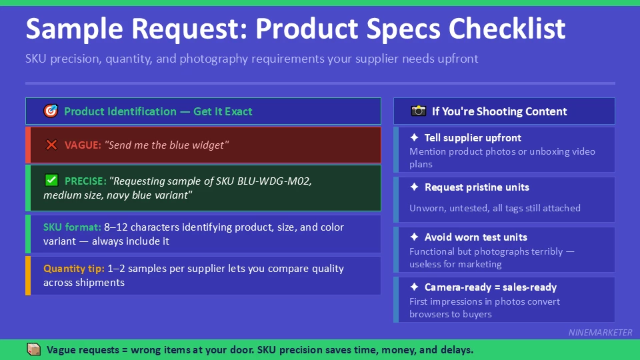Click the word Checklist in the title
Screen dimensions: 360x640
(507, 29)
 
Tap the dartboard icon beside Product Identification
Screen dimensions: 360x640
(51, 111)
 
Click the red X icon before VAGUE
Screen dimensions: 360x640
(51, 145)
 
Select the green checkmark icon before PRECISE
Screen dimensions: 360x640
(51, 181)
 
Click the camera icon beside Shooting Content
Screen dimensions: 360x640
(418, 111)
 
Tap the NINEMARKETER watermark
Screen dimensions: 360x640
(600, 332)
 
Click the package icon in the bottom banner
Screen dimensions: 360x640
(33, 349)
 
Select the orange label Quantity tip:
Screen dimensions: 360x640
(73, 269)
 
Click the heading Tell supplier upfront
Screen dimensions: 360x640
(473, 138)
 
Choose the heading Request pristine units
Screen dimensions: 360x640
(477, 187)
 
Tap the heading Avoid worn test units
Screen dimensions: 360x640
(475, 237)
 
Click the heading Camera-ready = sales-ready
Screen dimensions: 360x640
(490, 287)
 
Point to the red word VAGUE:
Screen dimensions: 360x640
(83, 145)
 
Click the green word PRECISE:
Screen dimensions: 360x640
(86, 181)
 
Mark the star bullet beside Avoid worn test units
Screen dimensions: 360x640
(414, 237)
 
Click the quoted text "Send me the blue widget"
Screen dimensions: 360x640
(167, 145)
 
